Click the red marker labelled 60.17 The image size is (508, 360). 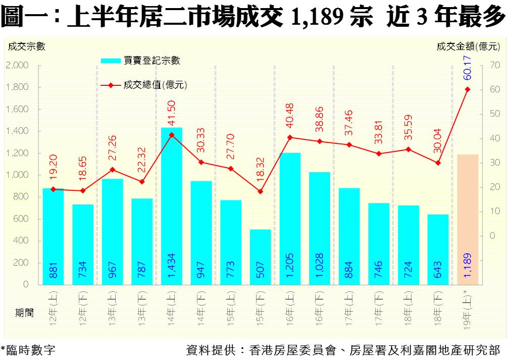coord(467,89)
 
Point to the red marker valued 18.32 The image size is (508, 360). coord(260,191)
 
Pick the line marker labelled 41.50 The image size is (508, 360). coord(172,135)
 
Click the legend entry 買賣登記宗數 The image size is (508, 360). coord(152,61)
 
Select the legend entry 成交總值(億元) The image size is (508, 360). coord(155,85)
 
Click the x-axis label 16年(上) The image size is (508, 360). coord(290,308)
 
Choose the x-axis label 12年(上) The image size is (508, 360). coord(53,308)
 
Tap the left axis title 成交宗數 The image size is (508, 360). coord(26,46)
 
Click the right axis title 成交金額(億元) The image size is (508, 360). coord(469,46)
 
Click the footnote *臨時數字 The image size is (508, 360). coord(28,350)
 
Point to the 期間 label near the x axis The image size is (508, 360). coord(24,313)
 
